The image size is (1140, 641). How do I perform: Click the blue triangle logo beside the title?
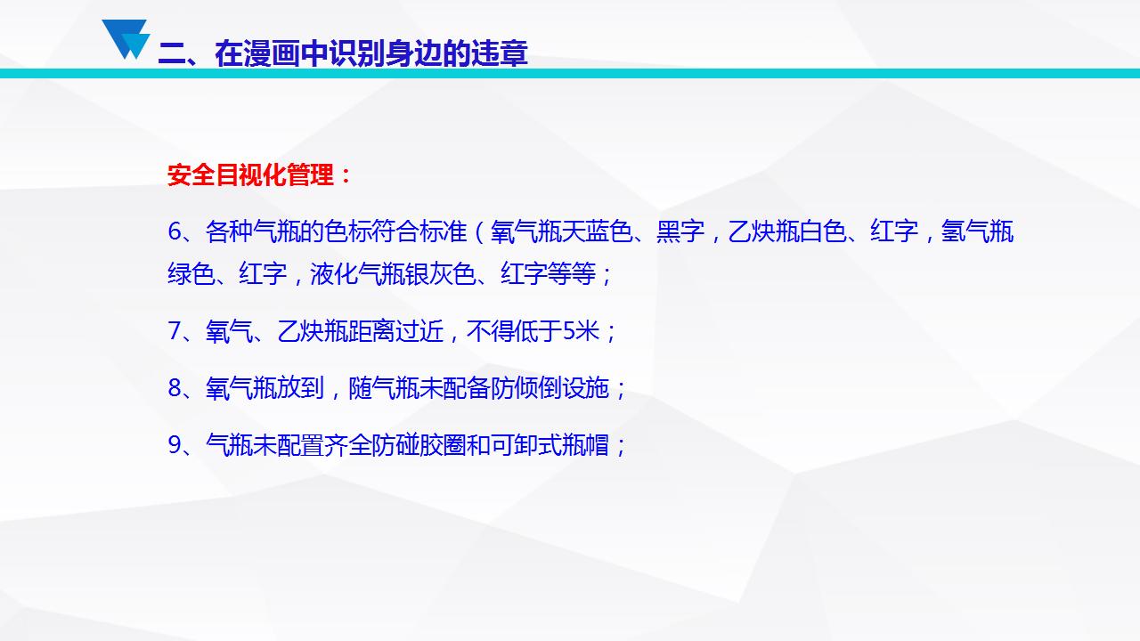(x=126, y=39)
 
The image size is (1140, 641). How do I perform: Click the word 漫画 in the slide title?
(x=272, y=53)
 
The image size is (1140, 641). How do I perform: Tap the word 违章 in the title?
(x=500, y=53)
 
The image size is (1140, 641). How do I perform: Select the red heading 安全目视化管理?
(x=250, y=175)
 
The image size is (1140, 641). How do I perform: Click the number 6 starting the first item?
(x=175, y=231)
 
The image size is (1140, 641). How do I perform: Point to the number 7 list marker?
(x=175, y=331)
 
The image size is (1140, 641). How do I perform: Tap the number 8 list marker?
(x=175, y=388)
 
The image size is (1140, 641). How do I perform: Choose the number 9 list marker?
(x=175, y=445)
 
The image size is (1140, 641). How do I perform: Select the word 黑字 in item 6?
(x=680, y=231)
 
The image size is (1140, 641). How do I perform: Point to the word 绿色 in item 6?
(x=191, y=273)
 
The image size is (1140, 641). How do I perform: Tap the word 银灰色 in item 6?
(x=441, y=273)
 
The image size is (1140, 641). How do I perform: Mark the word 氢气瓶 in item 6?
(x=977, y=231)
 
